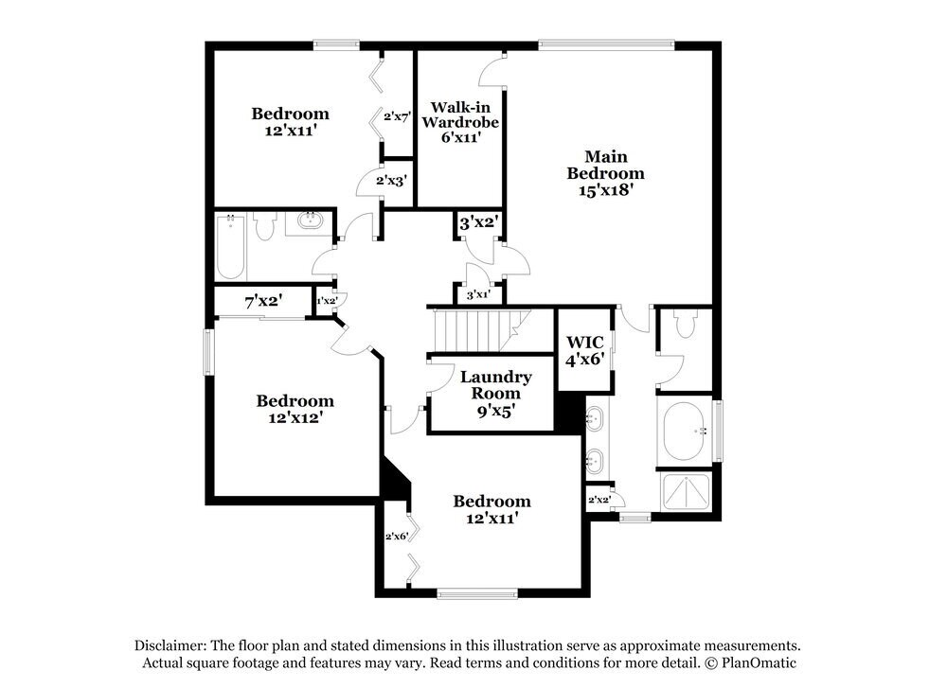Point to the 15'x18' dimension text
605,189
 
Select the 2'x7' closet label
395,116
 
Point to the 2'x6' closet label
395,537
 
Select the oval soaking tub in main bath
687,432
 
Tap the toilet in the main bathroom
685,327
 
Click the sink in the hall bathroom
309,223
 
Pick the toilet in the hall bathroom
264,225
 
